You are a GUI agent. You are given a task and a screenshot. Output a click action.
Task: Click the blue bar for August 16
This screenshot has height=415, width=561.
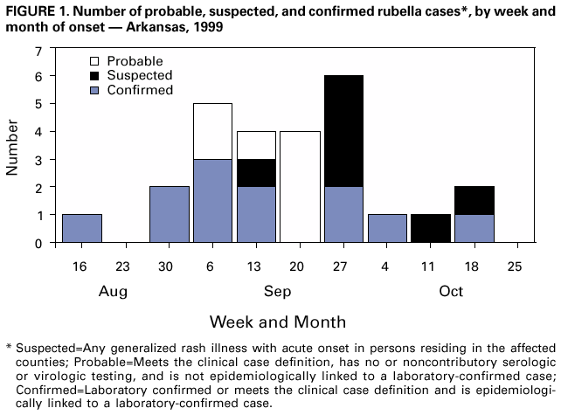pos(82,229)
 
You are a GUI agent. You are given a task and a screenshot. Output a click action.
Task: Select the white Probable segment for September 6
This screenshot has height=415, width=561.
pos(212,131)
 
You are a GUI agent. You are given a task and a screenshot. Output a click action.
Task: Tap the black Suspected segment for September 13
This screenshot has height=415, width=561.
pos(256,173)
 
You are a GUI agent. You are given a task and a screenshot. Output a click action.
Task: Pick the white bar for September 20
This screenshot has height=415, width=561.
pos(300,187)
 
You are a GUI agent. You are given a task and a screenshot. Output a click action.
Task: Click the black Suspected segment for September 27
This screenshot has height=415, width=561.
pos(343,131)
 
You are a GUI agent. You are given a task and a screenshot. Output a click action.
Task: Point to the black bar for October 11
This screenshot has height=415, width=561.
pos(430,229)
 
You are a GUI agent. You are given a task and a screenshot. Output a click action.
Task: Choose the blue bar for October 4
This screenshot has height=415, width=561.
pos(387,229)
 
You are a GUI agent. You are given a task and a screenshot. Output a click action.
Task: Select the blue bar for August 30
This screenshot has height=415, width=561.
pos(170,215)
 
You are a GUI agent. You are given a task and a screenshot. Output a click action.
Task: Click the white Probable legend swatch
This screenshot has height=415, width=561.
pos(94,61)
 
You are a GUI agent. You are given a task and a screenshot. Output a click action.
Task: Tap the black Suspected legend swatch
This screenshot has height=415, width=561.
pos(94,75)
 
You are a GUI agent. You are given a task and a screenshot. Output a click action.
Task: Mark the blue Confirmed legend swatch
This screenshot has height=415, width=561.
pos(94,89)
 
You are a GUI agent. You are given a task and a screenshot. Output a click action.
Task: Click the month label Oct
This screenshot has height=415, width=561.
pos(451,290)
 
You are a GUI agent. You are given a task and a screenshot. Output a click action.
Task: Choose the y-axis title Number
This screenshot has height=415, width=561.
pos(14,147)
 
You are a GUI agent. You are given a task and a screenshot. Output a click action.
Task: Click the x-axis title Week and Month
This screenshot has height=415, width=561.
pos(277,321)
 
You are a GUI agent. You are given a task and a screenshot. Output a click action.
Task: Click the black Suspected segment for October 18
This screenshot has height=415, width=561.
pos(474,201)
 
